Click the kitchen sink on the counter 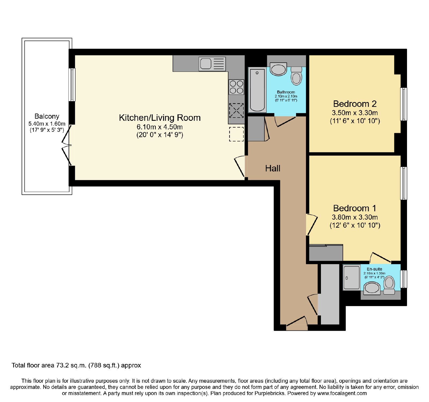coord(212,64)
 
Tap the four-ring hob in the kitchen coord(236,87)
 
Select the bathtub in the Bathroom coord(257,90)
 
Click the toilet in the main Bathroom coord(296,76)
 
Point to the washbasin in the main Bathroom coord(278,69)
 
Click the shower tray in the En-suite coord(352,278)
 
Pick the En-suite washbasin coord(372,288)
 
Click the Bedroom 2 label coord(355,104)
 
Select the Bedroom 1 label coord(355,208)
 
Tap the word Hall coord(273,168)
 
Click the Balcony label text coord(47,117)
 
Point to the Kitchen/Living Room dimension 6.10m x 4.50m coord(160,127)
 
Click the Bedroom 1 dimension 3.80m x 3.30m coord(355,217)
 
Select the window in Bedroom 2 coord(404,104)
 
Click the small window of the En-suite coord(404,279)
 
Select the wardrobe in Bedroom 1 coord(326,253)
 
